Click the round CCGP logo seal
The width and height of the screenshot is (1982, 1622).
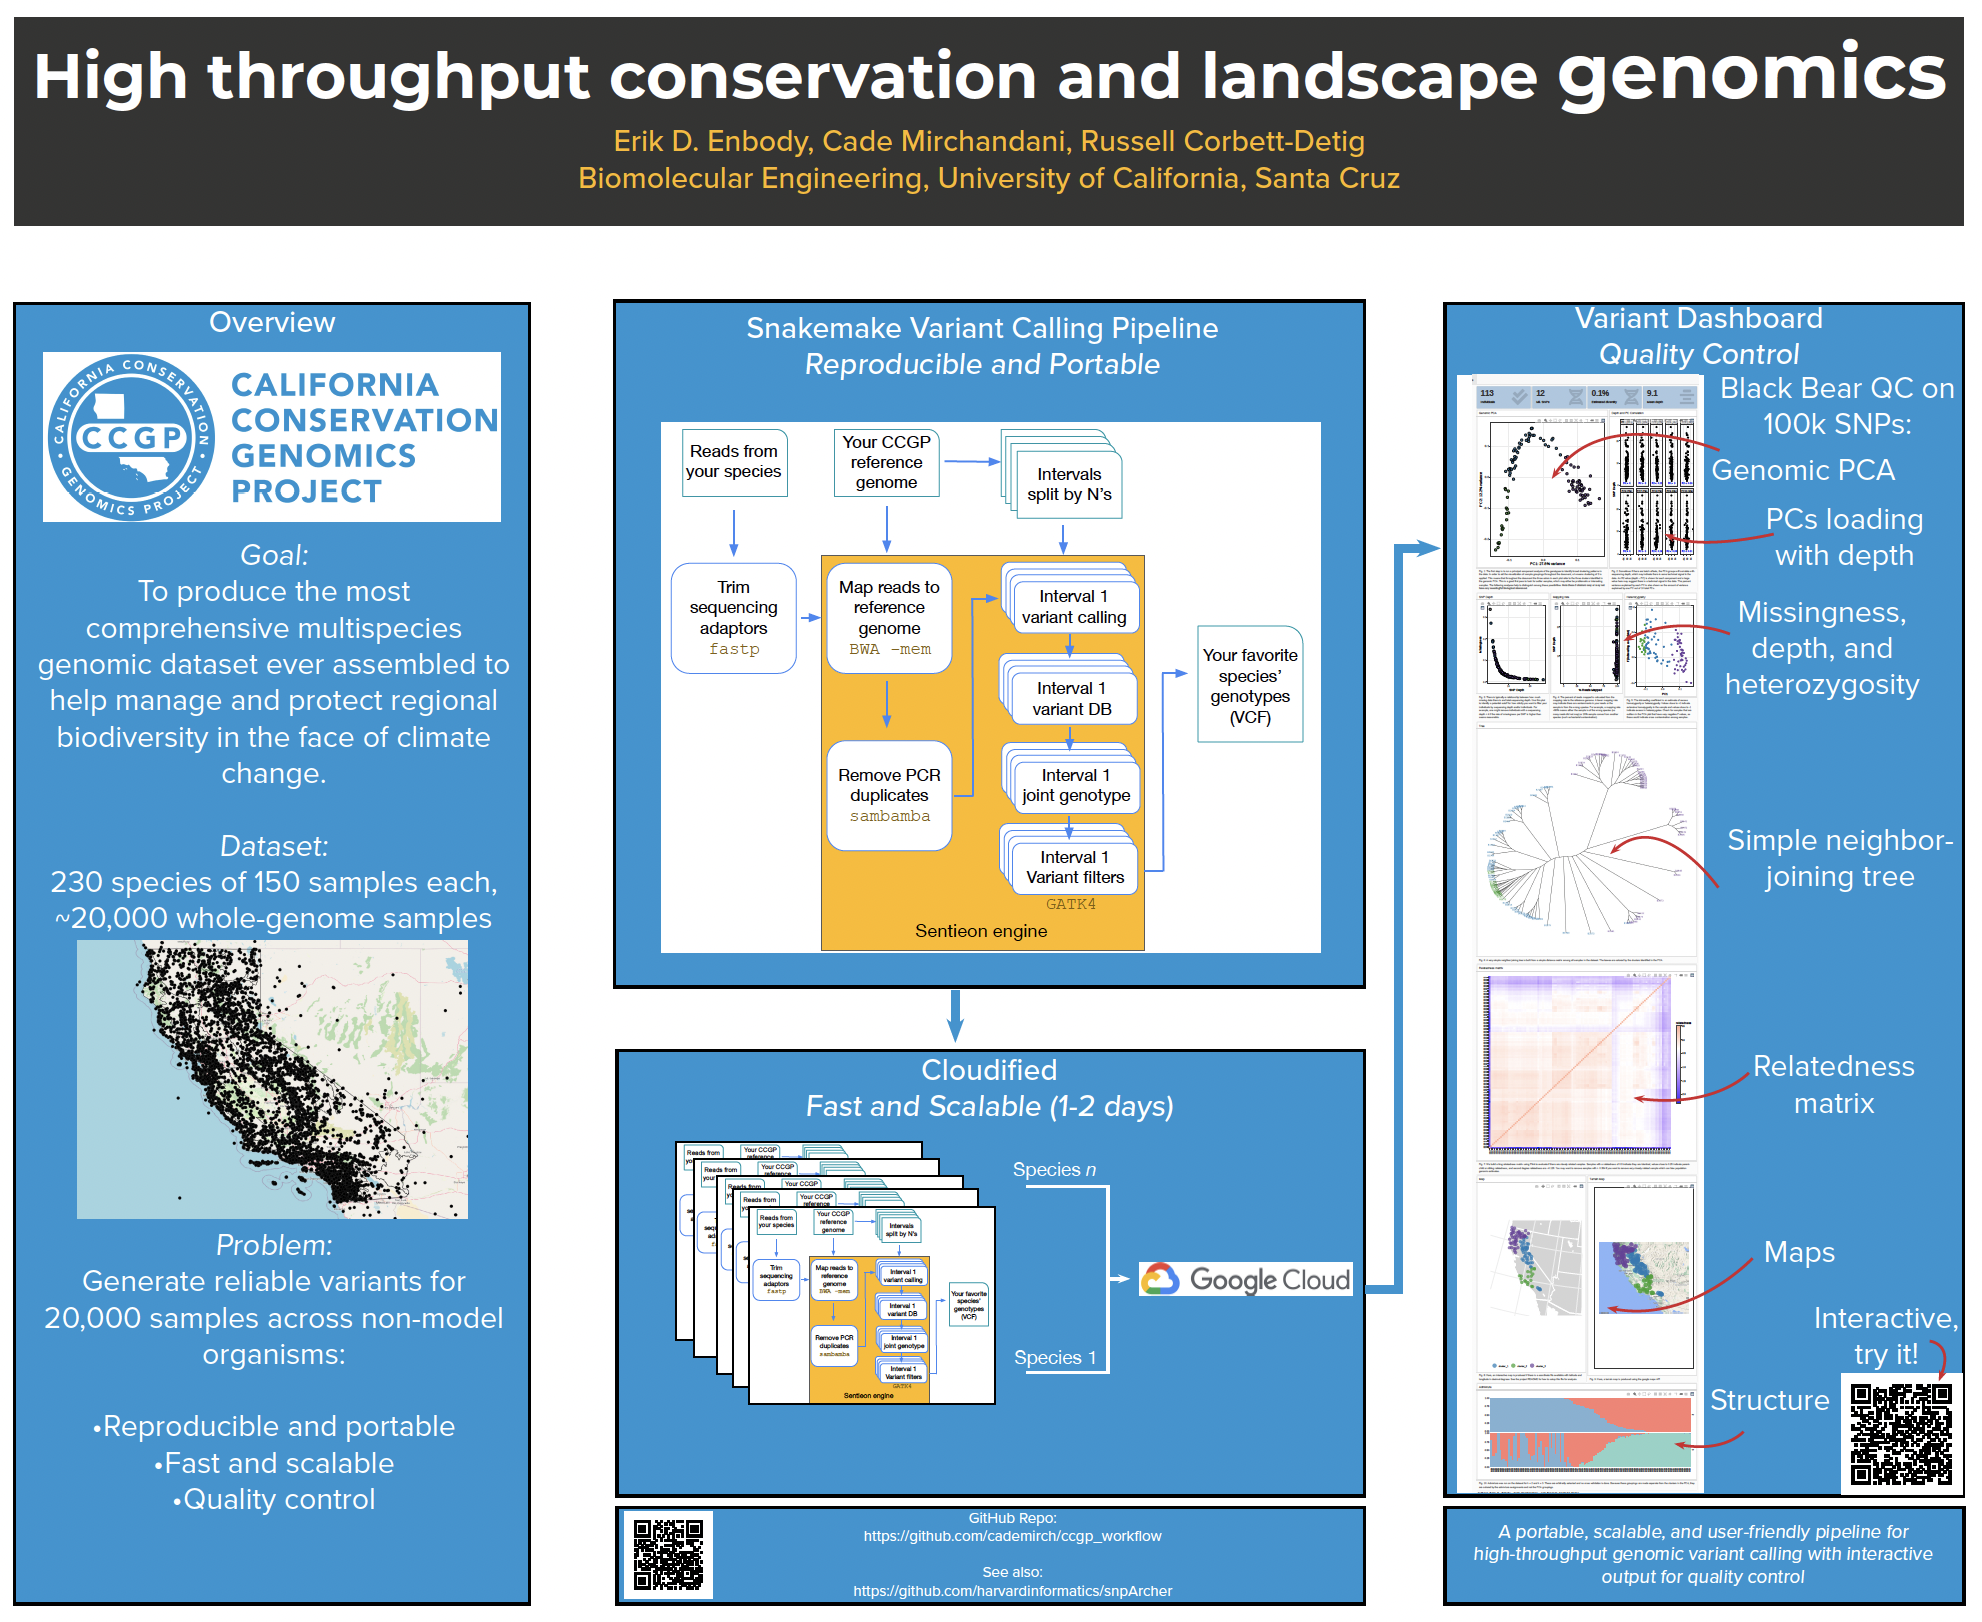pos(131,437)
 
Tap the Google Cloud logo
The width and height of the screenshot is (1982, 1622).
pos(1246,1279)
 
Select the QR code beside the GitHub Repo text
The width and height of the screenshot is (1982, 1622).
pos(668,1554)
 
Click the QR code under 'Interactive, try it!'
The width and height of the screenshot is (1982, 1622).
pos(1900,1434)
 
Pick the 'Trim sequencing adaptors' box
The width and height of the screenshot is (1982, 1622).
pos(733,618)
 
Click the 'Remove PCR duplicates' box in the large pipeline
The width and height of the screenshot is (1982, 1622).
pos(889,795)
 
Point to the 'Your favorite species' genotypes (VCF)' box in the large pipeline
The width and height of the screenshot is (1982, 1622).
pos(1250,685)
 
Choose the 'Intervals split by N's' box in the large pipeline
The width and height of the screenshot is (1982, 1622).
pos(1069,485)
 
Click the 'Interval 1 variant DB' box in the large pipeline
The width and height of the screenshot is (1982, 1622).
pos(1072,699)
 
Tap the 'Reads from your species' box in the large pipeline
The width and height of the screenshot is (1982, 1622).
pos(734,462)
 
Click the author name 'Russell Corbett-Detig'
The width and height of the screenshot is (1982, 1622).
pos(1222,141)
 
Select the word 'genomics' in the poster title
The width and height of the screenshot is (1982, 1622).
pos(1751,75)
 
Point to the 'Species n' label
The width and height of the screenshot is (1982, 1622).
pos(1054,1169)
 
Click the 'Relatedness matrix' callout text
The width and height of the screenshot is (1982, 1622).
pos(1833,1084)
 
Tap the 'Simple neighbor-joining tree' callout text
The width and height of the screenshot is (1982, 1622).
pos(1839,858)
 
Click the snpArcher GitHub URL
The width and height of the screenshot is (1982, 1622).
pos(1012,1591)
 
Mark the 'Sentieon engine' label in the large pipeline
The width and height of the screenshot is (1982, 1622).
pos(981,931)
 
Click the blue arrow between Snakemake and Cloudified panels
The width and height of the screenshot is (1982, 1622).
pos(956,1016)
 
